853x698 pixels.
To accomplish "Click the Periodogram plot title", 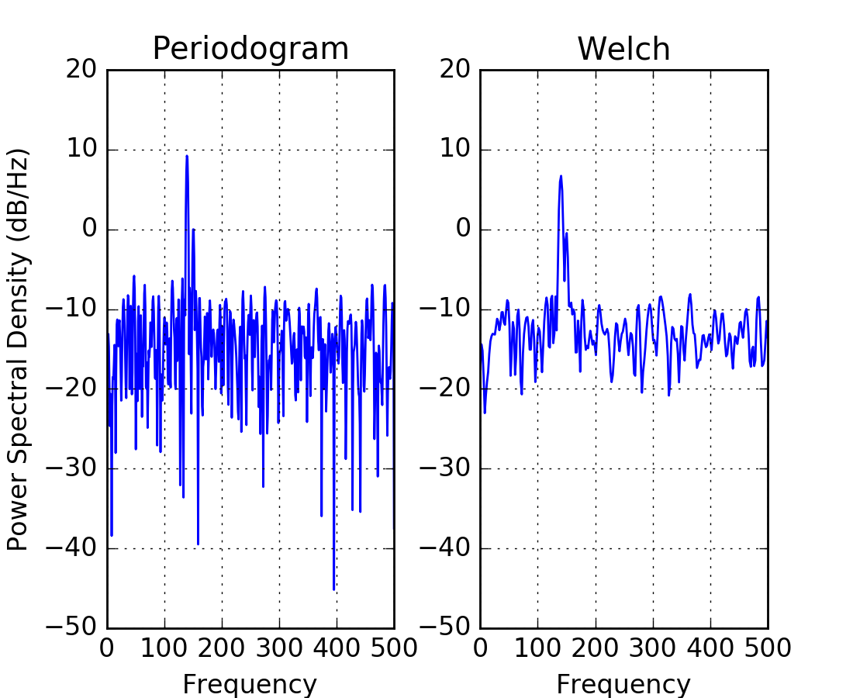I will pos(250,49).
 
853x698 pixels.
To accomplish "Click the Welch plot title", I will pos(623,49).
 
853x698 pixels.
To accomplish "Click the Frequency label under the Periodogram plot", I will pos(250,684).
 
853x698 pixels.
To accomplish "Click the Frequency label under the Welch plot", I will pos(623,684).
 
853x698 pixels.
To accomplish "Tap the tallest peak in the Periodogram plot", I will pos(187,156).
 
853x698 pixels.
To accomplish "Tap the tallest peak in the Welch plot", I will pos(561,176).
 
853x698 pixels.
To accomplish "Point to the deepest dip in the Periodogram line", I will pos(334,589).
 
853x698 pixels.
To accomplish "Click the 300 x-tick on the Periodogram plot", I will pos(279,648).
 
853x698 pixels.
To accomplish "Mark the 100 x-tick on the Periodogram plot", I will pos(164,648).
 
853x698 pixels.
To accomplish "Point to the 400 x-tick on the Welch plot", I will pos(710,648).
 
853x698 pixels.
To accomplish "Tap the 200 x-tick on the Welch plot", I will pos(596,648).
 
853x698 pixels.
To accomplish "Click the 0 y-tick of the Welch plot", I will pos(463,230).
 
